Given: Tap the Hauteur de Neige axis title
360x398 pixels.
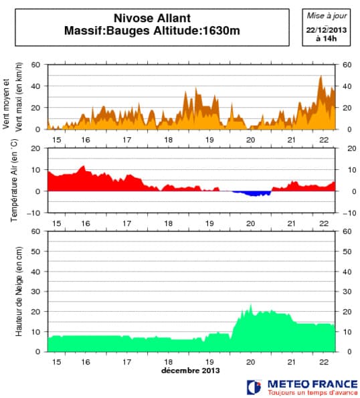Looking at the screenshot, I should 19,291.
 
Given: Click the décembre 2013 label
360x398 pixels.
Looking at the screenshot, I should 190,370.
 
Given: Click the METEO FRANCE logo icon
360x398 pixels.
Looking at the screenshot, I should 254,387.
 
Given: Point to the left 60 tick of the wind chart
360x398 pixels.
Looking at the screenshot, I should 35,65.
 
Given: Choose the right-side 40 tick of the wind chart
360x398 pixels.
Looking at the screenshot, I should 347,86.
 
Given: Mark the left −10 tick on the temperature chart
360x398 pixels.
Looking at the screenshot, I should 33,213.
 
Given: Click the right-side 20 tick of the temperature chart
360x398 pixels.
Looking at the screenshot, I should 347,148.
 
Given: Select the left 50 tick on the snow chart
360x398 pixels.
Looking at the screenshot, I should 35,252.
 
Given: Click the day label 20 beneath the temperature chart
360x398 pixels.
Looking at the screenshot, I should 250,223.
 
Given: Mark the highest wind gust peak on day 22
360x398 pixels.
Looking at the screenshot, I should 321,76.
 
